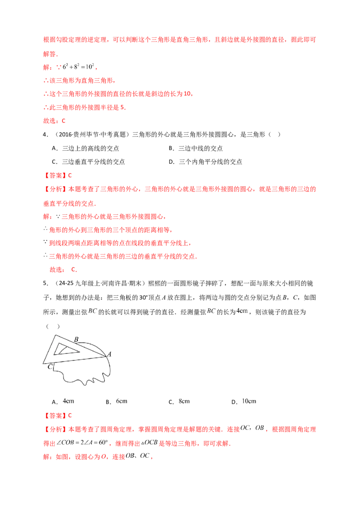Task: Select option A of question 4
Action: (85, 148)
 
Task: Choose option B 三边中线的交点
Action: (196, 148)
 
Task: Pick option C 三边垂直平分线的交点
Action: (88, 162)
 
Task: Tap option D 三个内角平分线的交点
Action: (205, 162)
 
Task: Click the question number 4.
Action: (45, 135)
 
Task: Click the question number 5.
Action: (45, 283)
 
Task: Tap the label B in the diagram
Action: (76, 339)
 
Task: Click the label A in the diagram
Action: (109, 354)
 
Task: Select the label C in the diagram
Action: (50, 367)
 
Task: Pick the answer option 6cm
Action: (116, 402)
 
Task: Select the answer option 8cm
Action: (179, 402)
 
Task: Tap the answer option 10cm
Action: (244, 402)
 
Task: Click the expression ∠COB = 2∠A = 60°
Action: (82, 443)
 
